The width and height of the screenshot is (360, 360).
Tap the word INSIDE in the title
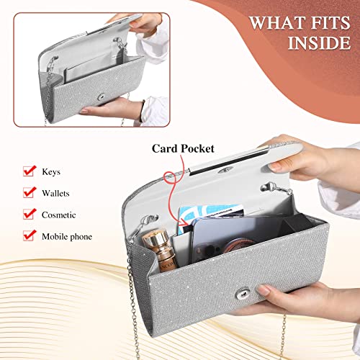coord(319,43)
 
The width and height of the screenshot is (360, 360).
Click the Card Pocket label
coord(183,148)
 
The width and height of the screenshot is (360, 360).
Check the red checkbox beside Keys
coord(30,171)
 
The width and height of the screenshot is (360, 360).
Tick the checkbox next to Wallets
coord(30,192)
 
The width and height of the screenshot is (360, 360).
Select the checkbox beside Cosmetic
coord(30,214)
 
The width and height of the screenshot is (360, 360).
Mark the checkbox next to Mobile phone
coord(30,235)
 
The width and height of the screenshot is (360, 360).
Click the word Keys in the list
coord(51,172)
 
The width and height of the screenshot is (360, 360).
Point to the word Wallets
coord(55,193)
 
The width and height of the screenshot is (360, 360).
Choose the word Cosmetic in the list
coord(59,215)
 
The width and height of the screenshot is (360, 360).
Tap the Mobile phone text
coord(67,237)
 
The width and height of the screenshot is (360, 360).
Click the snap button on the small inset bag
coord(102,96)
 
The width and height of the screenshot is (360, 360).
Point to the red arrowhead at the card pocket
coord(185,222)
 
